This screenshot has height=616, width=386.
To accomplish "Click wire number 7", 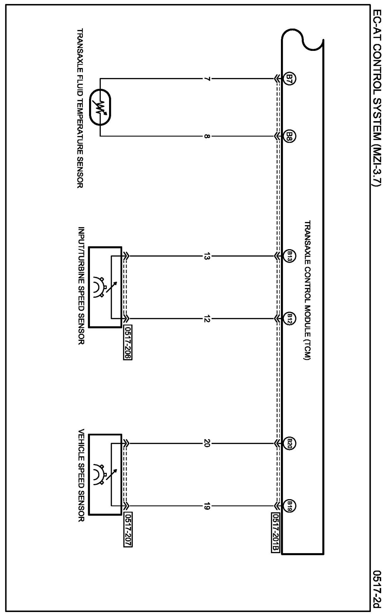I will pos(207,79).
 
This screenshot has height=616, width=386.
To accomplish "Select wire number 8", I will pos(207,136).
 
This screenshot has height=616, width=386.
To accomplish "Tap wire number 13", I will pos(207,256).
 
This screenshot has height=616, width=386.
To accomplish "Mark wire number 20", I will pos(207,444).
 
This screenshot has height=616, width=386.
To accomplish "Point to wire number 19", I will pos(207,506).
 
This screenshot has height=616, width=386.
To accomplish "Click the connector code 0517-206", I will pos(128,342).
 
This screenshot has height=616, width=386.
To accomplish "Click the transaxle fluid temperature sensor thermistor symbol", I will pos(100,107).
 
